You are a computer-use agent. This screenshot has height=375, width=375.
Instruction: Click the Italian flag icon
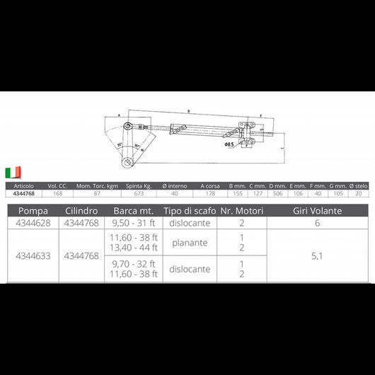[13, 172]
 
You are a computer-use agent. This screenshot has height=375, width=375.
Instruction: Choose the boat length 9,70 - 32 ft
[134, 264]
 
